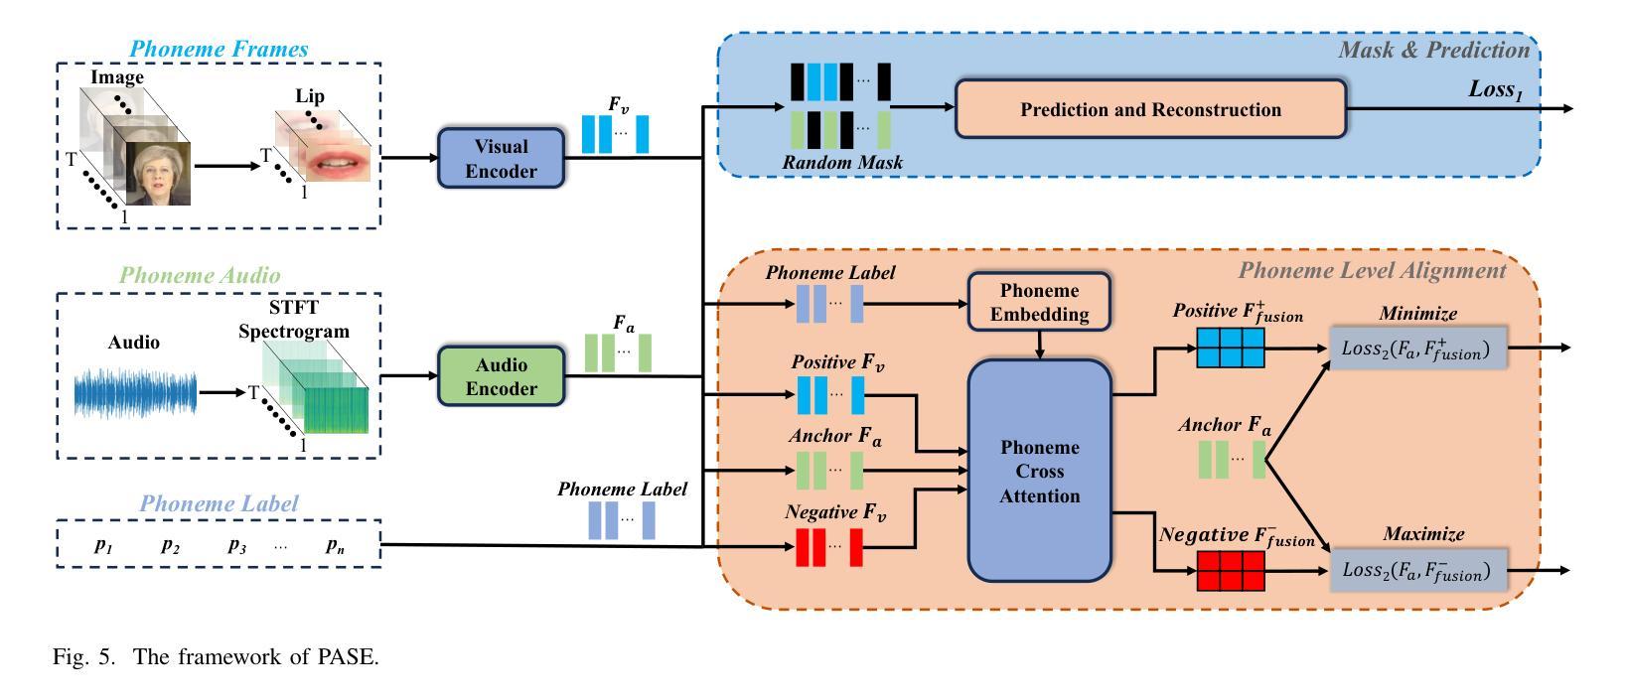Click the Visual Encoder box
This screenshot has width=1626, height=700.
[x=501, y=159]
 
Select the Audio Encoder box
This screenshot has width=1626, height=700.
[x=501, y=375]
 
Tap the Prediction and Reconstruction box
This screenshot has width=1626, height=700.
[x=1150, y=109]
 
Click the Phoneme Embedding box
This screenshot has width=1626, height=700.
[x=1039, y=303]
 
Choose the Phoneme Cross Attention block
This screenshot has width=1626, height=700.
[x=1039, y=471]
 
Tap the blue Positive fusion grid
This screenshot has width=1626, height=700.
[x=1231, y=349]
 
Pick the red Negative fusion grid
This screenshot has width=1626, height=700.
[x=1231, y=571]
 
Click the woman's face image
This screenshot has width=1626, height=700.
[x=157, y=173]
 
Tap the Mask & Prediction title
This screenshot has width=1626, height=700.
[x=1433, y=50]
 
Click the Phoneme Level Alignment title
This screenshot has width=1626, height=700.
[x=1372, y=270]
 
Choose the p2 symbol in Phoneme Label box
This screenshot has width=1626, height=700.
[x=171, y=545]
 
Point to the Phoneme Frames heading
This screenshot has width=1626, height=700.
[x=219, y=49]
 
